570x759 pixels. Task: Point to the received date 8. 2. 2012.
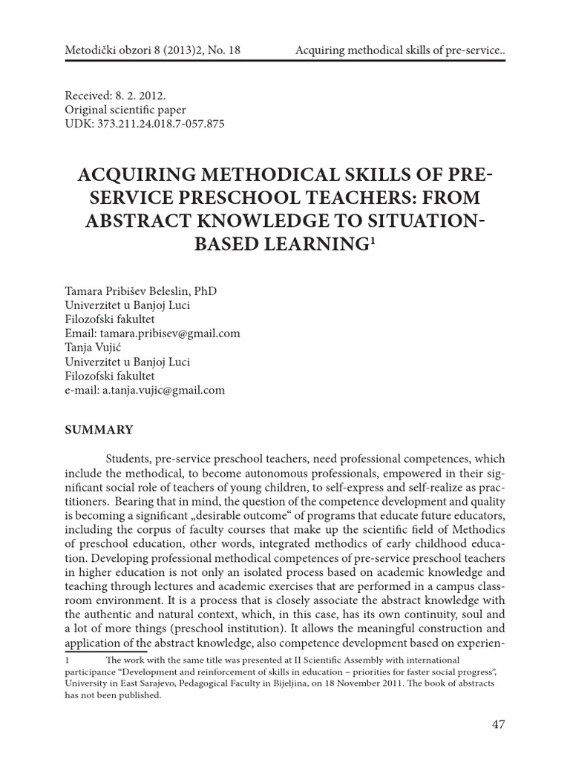tap(144, 95)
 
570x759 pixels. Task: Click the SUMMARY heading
tap(99, 430)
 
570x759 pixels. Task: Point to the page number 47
tap(497, 724)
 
